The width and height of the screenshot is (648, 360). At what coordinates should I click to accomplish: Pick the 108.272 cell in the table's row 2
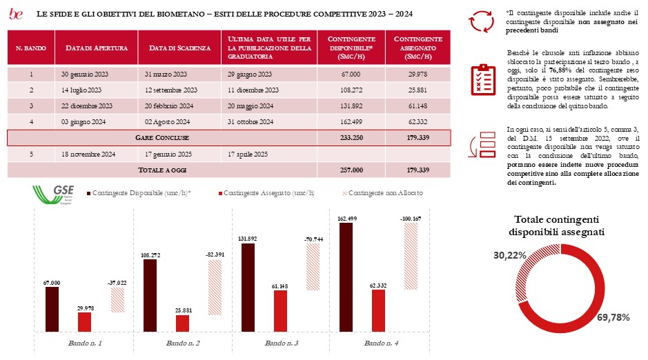[x=351, y=90]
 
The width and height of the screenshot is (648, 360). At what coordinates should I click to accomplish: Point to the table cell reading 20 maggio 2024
[x=252, y=106]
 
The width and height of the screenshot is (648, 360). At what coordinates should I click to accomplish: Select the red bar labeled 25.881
[x=183, y=323]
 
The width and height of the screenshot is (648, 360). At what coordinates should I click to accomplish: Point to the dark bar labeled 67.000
[x=52, y=310]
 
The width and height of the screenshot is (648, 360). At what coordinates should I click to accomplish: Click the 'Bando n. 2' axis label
[x=184, y=343]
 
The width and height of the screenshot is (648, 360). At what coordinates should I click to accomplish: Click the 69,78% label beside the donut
[x=618, y=317]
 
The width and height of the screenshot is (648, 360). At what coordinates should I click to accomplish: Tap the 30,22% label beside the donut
[x=509, y=255]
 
